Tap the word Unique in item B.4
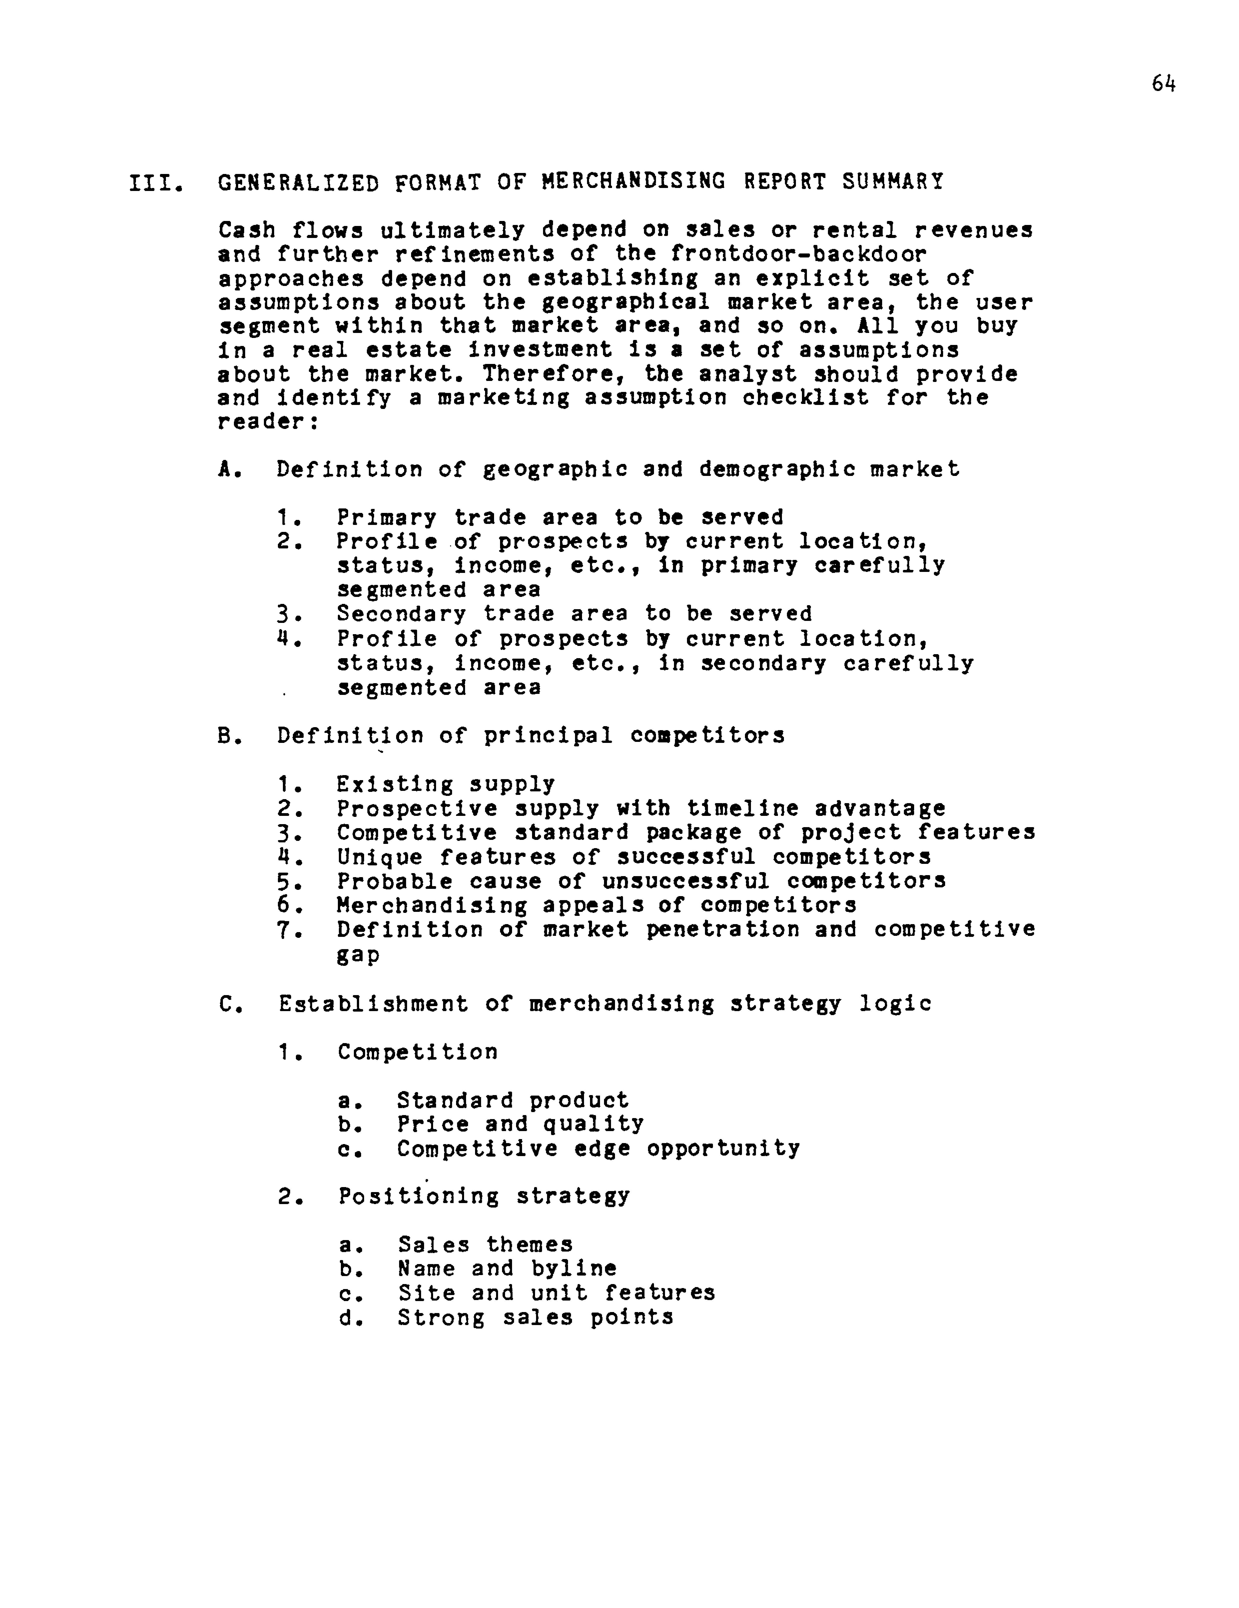pyautogui.click(x=380, y=857)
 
